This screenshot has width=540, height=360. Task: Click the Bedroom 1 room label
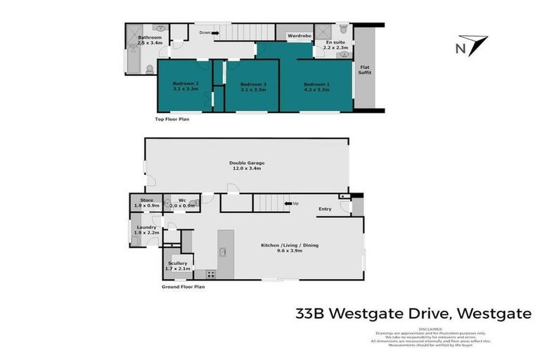pos(316,84)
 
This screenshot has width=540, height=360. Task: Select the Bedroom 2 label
pos(186,84)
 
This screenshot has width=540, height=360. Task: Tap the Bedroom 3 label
pos(252,84)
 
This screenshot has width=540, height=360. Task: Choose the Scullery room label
pos(177,263)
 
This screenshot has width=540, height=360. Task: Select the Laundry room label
pos(146,227)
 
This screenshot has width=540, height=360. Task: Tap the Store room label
pos(146,200)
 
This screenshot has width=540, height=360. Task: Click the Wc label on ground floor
pos(181,200)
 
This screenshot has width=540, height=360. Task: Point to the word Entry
pos(325,209)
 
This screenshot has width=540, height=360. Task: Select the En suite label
pos(336,42)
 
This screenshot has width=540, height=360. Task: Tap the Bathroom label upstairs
pos(149,37)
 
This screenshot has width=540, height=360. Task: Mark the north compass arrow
pos(472,46)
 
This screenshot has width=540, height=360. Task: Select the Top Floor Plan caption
pos(172,120)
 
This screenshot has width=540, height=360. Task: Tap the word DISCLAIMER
pos(430,328)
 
